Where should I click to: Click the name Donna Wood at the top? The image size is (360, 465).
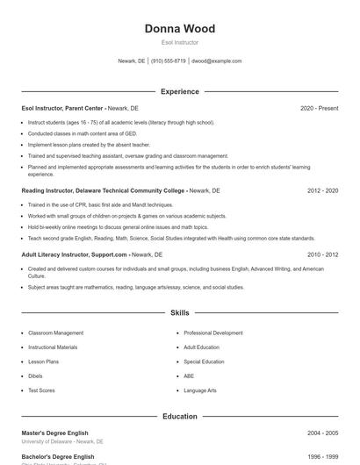pyautogui.click(x=180, y=29)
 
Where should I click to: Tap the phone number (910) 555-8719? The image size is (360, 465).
pyautogui.click(x=169, y=61)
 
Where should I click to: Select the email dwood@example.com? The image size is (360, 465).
pyautogui.click(x=216, y=61)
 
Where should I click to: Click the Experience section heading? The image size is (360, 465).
pyautogui.click(x=180, y=91)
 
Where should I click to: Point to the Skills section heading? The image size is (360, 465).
pyautogui.click(x=180, y=312)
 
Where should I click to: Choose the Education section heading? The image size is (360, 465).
pyautogui.click(x=180, y=417)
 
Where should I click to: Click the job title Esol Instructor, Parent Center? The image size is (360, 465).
pyautogui.click(x=62, y=108)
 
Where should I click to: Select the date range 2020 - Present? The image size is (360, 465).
pyautogui.click(x=319, y=108)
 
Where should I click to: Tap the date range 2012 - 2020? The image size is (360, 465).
pyautogui.click(x=322, y=190)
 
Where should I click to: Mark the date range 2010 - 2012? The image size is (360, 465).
pyautogui.click(x=322, y=254)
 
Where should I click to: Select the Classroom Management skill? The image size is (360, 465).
pyautogui.click(x=55, y=333)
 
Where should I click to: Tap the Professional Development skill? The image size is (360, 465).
pyautogui.click(x=213, y=333)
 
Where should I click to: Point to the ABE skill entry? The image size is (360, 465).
pyautogui.click(x=189, y=376)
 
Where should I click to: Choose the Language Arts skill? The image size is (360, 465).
pyautogui.click(x=200, y=390)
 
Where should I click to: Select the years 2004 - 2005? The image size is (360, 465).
pyautogui.click(x=322, y=433)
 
